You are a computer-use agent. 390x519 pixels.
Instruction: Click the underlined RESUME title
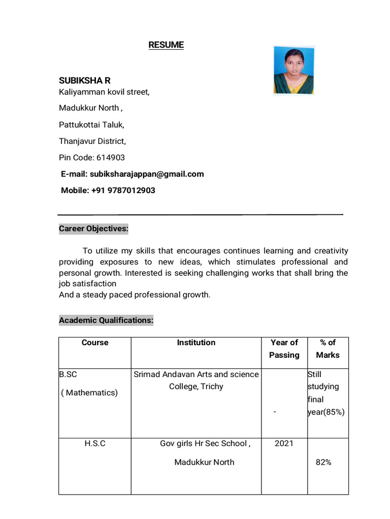[x=166, y=45]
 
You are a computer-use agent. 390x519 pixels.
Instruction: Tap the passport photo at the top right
[x=294, y=70]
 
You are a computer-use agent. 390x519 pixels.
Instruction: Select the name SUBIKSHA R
[x=84, y=81]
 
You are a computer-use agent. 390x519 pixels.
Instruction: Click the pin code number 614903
[x=110, y=158]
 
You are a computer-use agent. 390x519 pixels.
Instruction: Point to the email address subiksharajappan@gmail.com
[x=147, y=174]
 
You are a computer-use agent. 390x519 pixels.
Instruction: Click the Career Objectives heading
[x=93, y=229]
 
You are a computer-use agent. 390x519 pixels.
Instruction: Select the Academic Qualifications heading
[x=106, y=320]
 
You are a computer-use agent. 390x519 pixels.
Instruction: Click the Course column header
[x=95, y=343]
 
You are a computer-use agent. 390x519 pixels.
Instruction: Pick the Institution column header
[x=196, y=343]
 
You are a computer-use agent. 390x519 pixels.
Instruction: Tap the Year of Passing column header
[x=284, y=349]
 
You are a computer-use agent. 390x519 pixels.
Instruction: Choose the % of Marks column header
[x=328, y=349]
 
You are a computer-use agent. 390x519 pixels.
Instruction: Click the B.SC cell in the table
[x=68, y=375]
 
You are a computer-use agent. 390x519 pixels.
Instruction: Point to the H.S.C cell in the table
[x=95, y=443]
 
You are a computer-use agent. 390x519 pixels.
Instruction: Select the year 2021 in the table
[x=284, y=443]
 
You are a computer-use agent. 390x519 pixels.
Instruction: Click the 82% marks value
[x=323, y=462]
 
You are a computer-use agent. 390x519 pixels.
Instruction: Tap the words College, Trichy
[x=196, y=387]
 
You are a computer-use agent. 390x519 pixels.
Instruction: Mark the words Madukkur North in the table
[x=204, y=462]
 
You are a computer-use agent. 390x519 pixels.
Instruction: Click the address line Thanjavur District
[x=92, y=141]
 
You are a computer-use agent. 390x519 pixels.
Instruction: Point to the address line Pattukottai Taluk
[x=91, y=124]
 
